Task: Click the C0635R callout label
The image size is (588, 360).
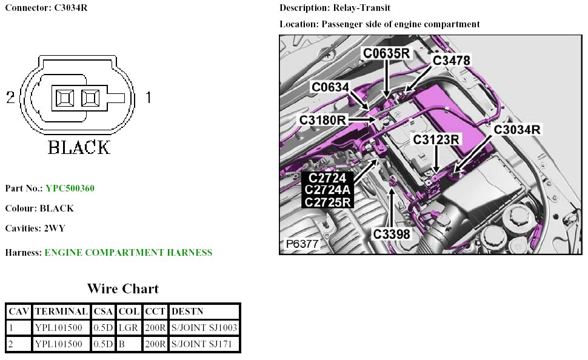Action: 387,53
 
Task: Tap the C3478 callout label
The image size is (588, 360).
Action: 451,60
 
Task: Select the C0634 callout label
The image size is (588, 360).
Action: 330,87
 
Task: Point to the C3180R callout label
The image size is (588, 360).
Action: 322,120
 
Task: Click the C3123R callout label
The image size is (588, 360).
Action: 436,140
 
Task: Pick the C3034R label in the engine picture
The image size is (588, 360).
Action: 517,129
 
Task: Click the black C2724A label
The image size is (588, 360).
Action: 327,190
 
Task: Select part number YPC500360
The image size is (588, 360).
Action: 70,188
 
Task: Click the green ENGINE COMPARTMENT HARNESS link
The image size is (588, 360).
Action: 129,252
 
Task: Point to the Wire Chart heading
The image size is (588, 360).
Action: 122,288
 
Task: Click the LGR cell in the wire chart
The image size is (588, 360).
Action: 129,328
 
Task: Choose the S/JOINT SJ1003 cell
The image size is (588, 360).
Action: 204,328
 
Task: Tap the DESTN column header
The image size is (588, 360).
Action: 187,312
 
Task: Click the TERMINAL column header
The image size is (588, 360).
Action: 61,312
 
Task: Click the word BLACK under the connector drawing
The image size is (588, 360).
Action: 79,147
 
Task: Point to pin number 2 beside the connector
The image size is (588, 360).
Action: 10,97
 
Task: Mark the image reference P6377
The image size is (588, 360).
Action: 302,244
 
